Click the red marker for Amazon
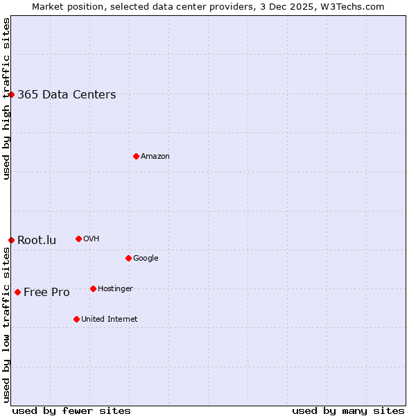click(136, 156)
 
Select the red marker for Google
click(128, 258)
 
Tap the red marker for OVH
click(78, 239)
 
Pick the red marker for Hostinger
click(93, 288)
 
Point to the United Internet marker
click(76, 319)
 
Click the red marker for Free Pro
click(17, 292)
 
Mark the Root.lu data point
click(11, 240)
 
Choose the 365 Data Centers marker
click(11, 94)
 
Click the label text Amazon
click(155, 157)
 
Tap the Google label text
click(146, 259)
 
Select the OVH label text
click(91, 239)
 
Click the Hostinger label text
click(115, 289)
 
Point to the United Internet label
click(109, 320)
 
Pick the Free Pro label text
click(46, 293)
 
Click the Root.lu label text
click(37, 241)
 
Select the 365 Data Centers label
click(67, 95)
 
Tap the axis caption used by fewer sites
click(71, 410)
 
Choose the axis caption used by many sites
click(348, 410)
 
